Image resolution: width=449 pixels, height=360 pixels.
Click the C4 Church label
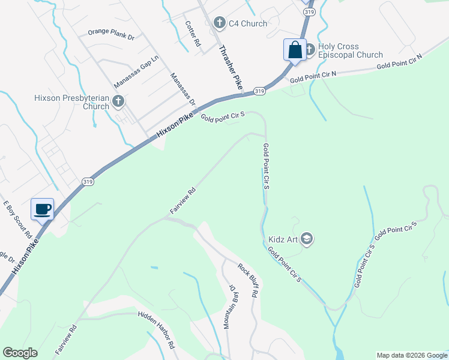[x=248, y=23]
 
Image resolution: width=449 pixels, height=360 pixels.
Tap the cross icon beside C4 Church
[x=219, y=23]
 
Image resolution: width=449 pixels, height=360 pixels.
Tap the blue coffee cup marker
[x=43, y=209]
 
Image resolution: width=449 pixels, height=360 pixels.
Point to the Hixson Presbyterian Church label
[x=71, y=101]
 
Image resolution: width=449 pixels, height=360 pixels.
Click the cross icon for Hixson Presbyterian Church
[x=118, y=101]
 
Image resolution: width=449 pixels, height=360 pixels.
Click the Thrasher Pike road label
[x=229, y=67]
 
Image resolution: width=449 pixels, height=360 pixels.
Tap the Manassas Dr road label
[x=182, y=89]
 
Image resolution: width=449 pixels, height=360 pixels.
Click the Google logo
[x=20, y=353]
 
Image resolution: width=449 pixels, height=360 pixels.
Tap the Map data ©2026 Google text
[x=412, y=355]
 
